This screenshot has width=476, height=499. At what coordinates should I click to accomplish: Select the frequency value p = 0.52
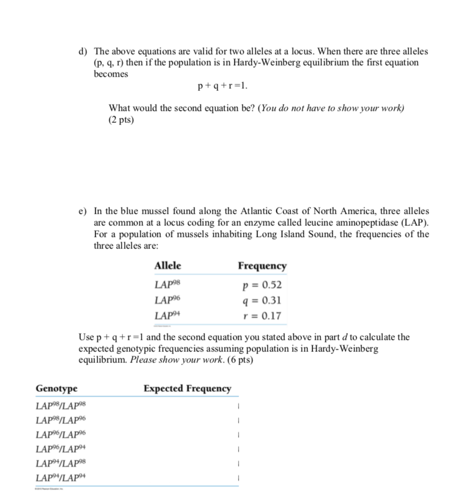click(x=262, y=285)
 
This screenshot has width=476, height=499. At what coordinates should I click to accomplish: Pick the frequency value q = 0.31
click(x=262, y=300)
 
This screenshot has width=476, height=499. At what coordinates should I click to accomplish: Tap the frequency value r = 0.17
click(x=263, y=316)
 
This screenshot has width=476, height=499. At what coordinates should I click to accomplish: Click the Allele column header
click(x=168, y=266)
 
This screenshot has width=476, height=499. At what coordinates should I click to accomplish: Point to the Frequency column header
click(x=262, y=266)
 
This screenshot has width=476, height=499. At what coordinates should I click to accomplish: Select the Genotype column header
click(x=56, y=389)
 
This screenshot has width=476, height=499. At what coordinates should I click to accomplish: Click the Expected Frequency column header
click(x=187, y=389)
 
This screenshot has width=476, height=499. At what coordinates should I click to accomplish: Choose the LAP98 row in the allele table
click(x=168, y=285)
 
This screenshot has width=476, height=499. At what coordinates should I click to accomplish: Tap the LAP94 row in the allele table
click(x=168, y=316)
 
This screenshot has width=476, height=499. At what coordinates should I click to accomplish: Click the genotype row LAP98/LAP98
click(x=59, y=406)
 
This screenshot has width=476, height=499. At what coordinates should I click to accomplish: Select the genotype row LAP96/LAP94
click(x=59, y=449)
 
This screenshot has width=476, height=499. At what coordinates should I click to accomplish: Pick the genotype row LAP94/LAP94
click(x=59, y=478)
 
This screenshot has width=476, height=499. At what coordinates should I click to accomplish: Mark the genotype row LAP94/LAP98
click(x=59, y=464)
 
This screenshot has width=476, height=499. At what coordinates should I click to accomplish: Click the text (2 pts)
click(x=121, y=120)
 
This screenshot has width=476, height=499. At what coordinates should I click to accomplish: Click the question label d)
click(x=82, y=51)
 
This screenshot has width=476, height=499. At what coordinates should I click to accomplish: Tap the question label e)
click(x=82, y=211)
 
